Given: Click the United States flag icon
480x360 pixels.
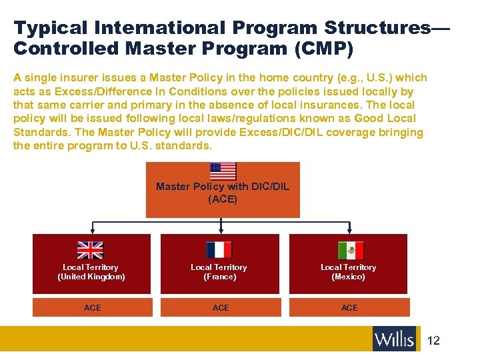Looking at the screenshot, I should pos(223,171).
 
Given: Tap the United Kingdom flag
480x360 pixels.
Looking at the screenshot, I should pos(91,249).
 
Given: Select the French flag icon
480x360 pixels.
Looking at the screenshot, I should pos(219,249).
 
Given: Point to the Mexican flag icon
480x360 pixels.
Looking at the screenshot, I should pos(350,250).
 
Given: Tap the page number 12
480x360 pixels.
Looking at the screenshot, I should pos(433,341).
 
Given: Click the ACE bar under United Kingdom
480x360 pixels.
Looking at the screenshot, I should pos(93,307).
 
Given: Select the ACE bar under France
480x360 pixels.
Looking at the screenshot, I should pos(221,307).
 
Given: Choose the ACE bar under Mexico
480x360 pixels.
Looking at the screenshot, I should pos(349,307).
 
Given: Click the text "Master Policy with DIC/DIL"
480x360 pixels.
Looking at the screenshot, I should pos(223,187).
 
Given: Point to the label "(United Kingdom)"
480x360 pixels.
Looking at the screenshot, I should pos(91,277).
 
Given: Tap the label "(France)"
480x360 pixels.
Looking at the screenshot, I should pos(219,277).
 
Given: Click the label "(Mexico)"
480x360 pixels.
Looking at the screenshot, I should pos(349,277).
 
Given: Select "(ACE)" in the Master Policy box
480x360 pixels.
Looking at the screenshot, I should pos(223,199).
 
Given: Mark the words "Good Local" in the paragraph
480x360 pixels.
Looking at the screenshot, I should pos(388,119).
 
